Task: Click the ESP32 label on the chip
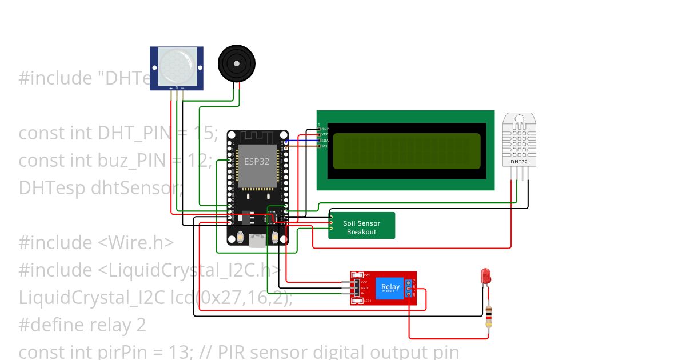(257, 161)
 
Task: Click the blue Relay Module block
(390, 288)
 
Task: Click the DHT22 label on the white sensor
(519, 162)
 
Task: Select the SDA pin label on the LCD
(324, 141)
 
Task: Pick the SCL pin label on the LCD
(324, 146)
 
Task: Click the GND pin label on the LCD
(325, 129)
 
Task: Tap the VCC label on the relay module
(364, 282)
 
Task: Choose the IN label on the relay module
(363, 294)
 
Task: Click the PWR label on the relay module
(367, 275)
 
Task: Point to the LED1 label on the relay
(368, 301)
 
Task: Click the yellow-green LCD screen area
(406, 151)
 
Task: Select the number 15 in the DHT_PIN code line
(203, 133)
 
